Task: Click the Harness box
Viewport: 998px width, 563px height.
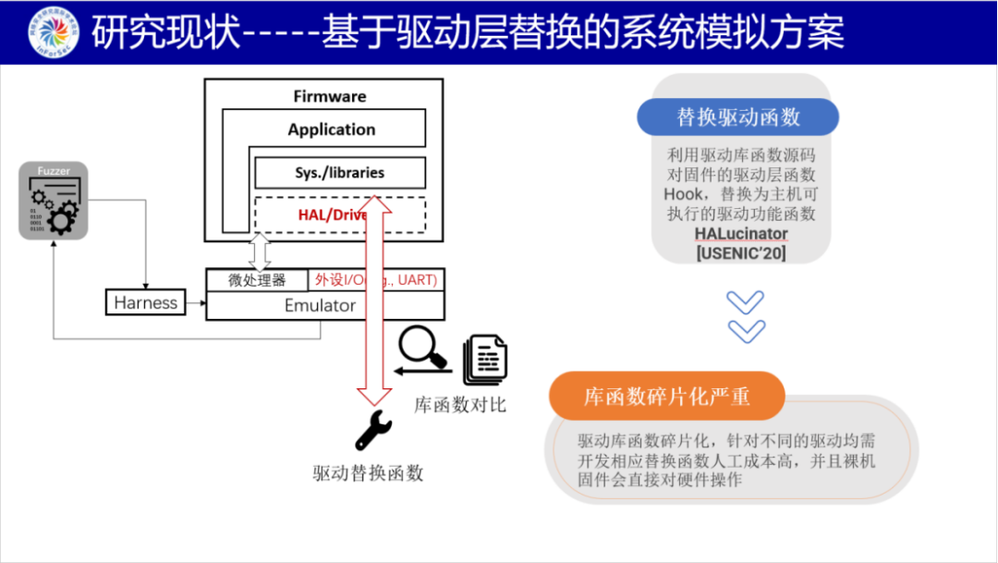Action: pos(145,302)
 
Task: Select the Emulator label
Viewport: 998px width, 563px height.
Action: pos(320,305)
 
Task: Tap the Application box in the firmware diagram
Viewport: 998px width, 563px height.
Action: pos(331,129)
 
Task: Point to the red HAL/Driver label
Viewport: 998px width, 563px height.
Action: pos(332,214)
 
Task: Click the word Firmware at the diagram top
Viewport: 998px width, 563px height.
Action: pos(330,96)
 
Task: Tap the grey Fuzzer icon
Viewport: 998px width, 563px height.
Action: pos(54,201)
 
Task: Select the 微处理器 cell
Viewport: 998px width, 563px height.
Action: pos(257,280)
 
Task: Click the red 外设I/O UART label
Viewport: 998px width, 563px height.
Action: pos(375,280)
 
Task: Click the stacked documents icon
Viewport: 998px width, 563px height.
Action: pos(483,359)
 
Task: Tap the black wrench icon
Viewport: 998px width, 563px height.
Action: pos(373,431)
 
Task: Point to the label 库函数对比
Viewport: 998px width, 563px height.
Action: pos(460,405)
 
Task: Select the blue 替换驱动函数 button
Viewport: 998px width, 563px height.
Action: pos(738,117)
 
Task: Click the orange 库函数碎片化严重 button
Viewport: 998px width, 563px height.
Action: pos(666,397)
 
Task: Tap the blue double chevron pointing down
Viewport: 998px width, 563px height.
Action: pos(745,316)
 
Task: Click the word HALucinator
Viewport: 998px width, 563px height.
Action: pos(740,233)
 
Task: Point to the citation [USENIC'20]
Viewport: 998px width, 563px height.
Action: pos(740,251)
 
